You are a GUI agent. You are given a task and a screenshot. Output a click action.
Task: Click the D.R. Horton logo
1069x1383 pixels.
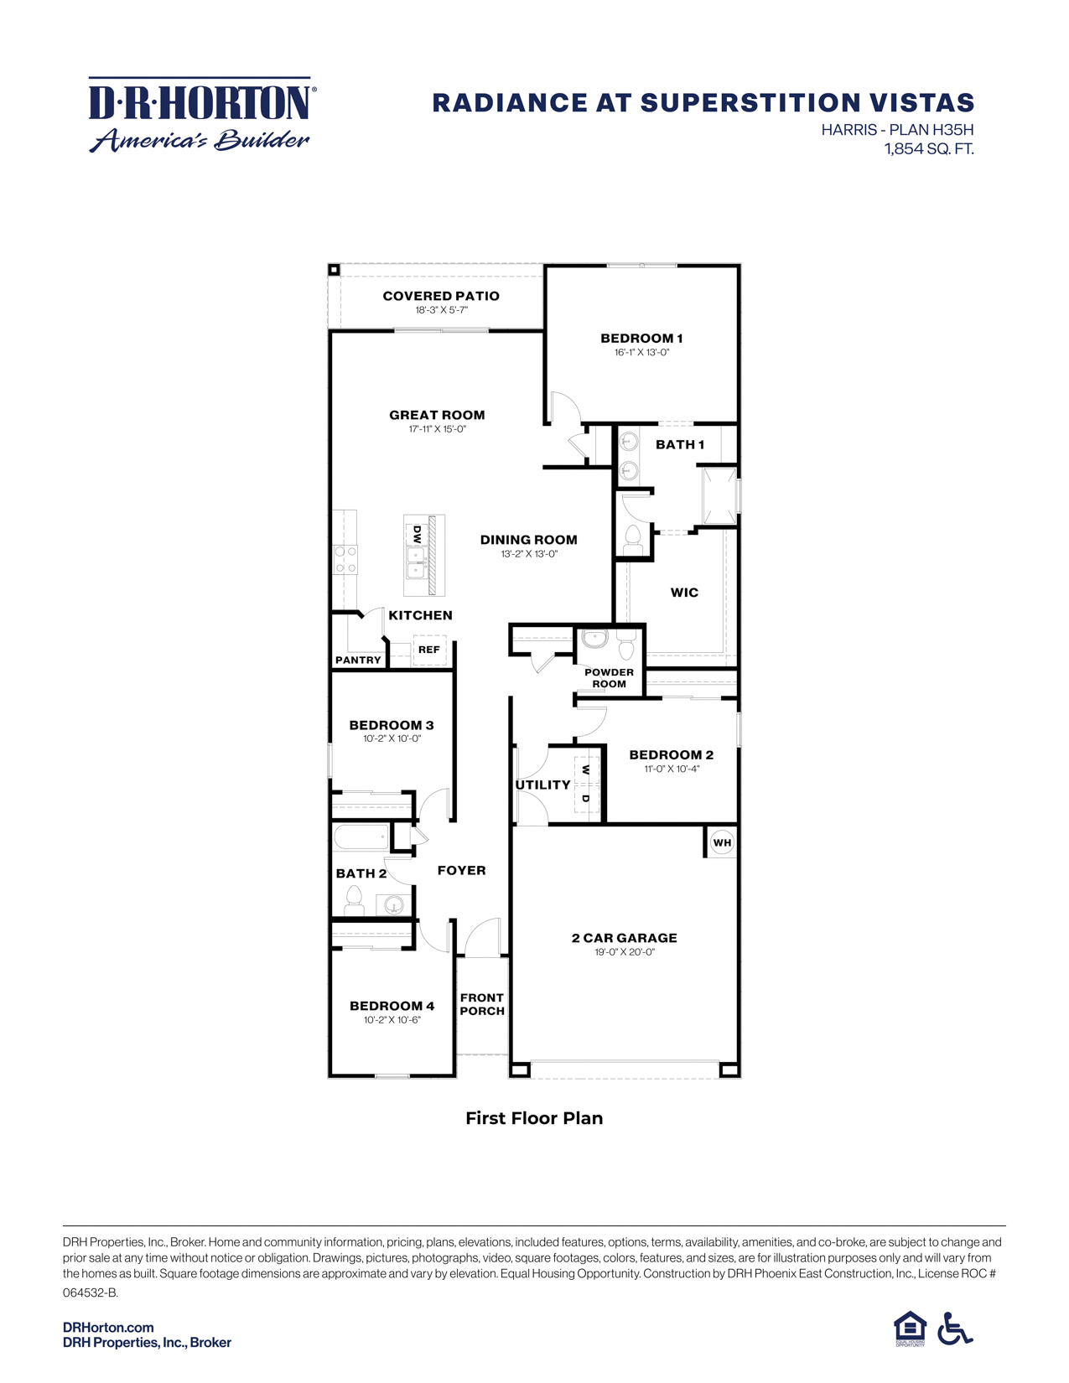(200, 115)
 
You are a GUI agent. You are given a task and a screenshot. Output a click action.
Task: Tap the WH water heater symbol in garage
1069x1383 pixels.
(722, 842)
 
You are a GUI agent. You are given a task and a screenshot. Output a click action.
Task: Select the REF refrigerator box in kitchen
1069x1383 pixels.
(429, 650)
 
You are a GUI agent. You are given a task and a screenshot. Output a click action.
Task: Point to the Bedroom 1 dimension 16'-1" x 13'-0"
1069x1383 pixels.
(641, 353)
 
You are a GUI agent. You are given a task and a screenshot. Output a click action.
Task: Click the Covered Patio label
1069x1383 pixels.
(441, 296)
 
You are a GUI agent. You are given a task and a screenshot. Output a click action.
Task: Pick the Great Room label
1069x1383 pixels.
(437, 415)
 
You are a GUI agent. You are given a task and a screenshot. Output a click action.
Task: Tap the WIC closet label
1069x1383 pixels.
(684, 593)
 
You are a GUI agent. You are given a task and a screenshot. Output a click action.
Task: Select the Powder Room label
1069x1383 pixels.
(609, 678)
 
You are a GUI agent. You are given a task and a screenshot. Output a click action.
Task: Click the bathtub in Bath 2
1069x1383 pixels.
(361, 837)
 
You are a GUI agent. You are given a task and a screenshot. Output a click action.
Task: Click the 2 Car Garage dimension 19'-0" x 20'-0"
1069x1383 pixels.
(625, 952)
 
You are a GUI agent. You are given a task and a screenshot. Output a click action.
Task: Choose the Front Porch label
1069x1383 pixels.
(482, 1004)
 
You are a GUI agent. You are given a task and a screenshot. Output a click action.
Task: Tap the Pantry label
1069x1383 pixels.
(358, 660)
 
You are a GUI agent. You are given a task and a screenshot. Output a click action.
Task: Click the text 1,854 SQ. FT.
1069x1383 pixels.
(929, 149)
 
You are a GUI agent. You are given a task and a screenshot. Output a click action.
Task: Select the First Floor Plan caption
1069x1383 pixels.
(534, 1118)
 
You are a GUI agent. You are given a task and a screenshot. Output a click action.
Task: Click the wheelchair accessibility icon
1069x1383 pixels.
(955, 1329)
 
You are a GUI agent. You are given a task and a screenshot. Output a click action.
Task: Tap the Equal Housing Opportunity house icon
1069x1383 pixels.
(910, 1328)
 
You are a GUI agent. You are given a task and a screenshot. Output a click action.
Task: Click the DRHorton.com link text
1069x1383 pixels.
(108, 1328)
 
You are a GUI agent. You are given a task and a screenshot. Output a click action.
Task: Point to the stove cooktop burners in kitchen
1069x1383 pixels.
(345, 559)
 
